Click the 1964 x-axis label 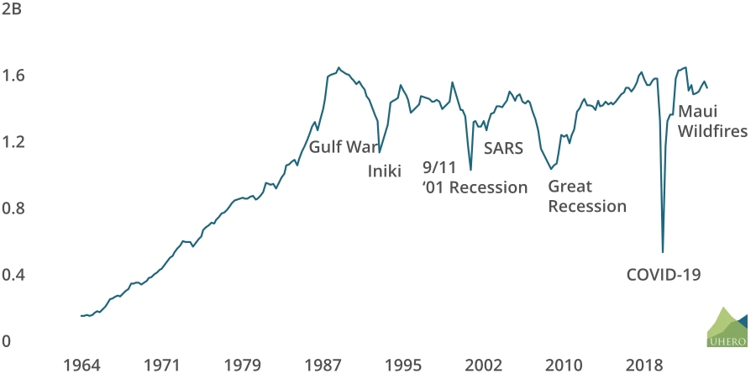[x=81, y=366]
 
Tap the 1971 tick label [x=161, y=366]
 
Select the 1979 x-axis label [x=242, y=366]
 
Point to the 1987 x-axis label [x=323, y=366]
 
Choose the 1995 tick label [x=403, y=366]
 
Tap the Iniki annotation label [x=386, y=171]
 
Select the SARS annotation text [x=504, y=149]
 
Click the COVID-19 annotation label [x=664, y=274]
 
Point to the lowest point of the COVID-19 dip [x=663, y=251]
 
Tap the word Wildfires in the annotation [x=712, y=131]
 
